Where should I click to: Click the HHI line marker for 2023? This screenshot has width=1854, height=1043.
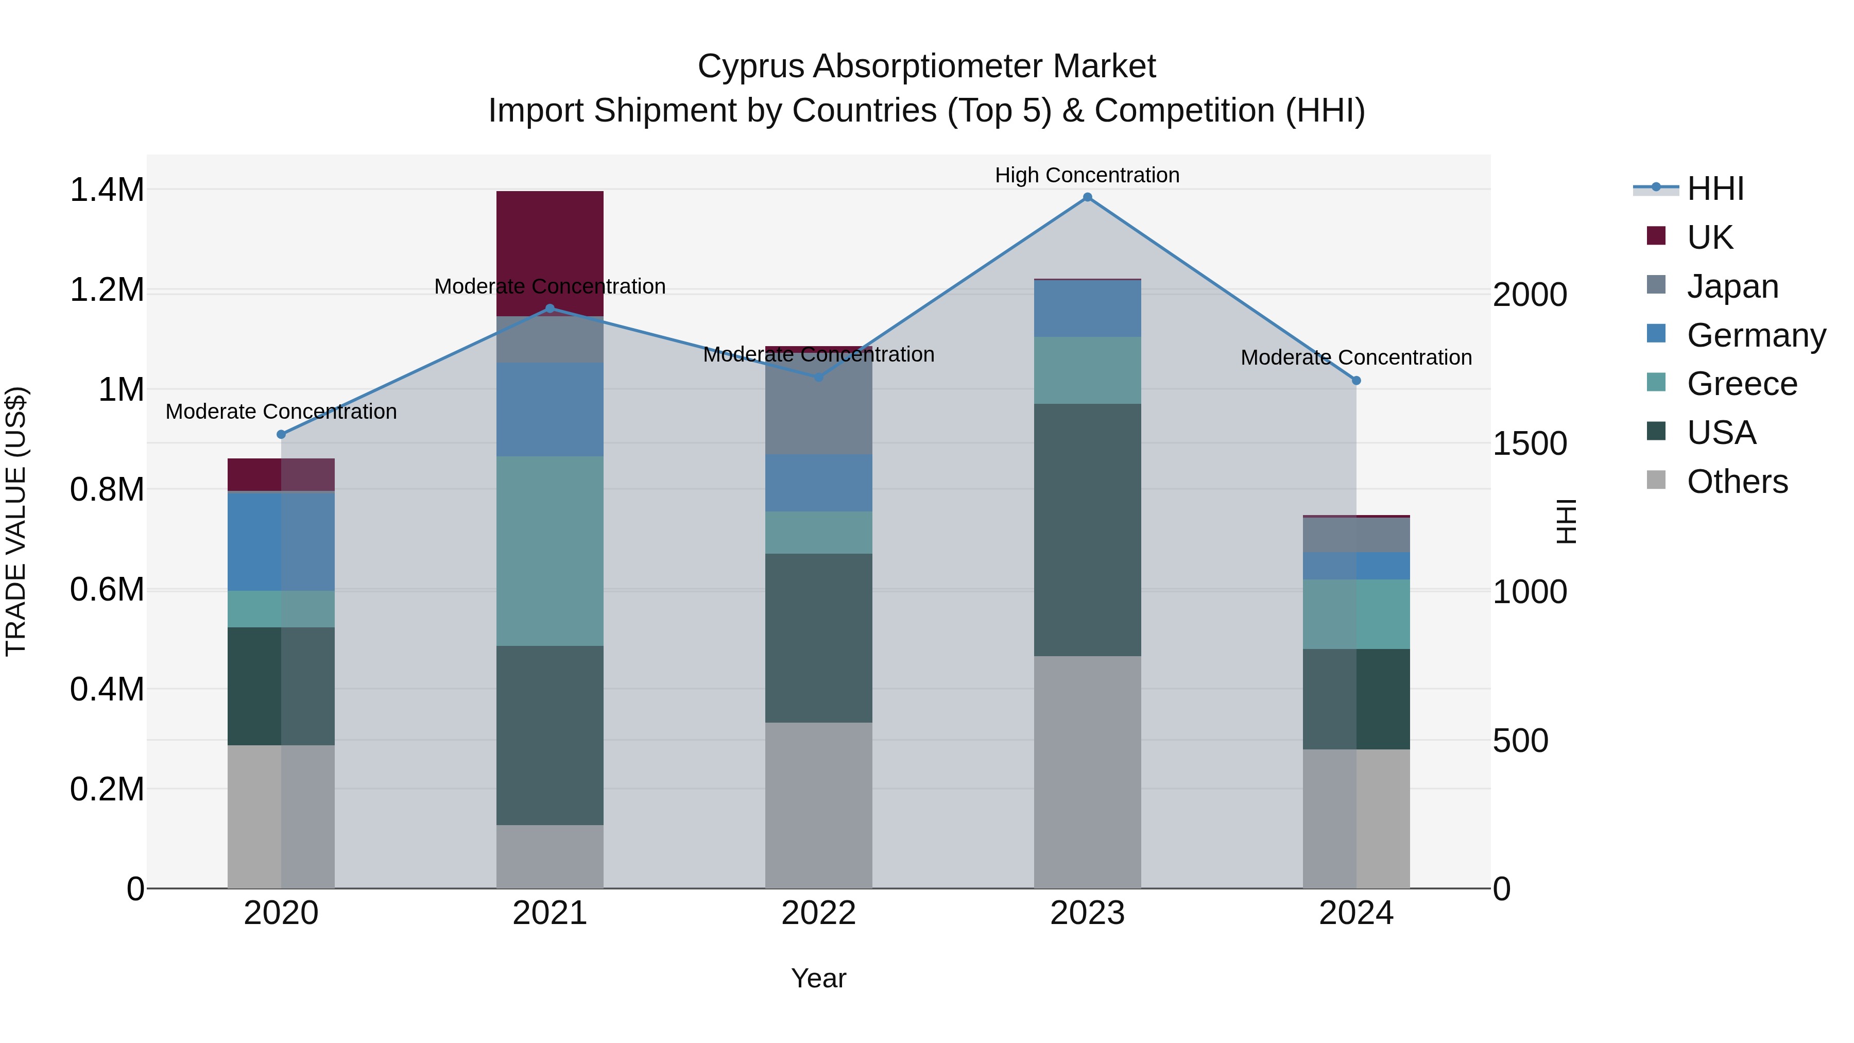coord(1087,197)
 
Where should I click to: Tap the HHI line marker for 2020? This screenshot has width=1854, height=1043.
coord(281,434)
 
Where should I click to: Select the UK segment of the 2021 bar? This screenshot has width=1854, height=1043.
coord(550,253)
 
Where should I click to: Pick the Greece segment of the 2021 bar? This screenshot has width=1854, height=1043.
coord(550,551)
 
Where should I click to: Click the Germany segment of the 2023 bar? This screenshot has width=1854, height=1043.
coord(1087,308)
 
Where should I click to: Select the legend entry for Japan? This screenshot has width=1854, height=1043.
coord(1731,286)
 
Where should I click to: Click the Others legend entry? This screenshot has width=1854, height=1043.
coord(1736,481)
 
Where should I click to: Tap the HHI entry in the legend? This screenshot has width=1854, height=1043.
coord(1714,189)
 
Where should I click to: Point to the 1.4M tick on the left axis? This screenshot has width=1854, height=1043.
coord(107,190)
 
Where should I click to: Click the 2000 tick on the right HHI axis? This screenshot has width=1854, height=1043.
coord(1530,295)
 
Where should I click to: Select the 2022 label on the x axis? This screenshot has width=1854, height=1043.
coord(818,913)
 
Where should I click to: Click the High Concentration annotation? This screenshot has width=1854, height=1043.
coord(1087,175)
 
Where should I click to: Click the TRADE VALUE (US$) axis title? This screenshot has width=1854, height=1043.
coord(16,521)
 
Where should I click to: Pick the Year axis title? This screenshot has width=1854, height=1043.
coord(818,978)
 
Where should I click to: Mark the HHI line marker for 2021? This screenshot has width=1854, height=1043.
coord(550,308)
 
